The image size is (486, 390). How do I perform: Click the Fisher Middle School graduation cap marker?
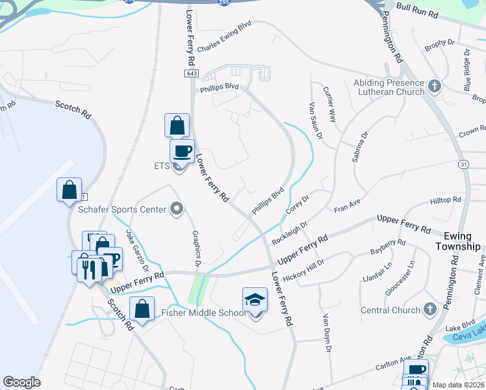[255, 300]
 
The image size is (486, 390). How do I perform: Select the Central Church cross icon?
[429, 309]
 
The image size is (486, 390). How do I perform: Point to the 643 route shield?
[192, 74]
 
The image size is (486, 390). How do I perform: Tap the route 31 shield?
[463, 164]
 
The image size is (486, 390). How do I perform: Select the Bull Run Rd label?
[417, 13]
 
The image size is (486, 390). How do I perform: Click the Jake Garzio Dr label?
[137, 251]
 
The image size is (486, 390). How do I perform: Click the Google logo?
[21, 382]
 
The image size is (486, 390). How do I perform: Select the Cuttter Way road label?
[332, 108]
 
